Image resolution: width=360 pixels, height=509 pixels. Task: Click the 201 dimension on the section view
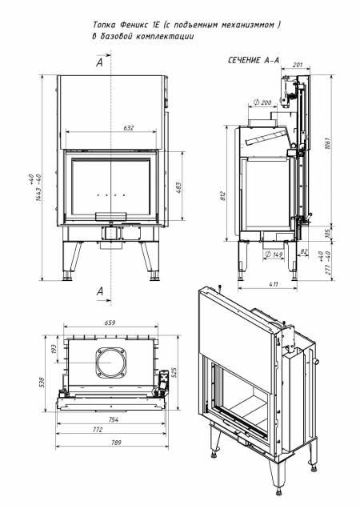pos(297,66)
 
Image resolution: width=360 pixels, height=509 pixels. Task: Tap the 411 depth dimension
pos(272,283)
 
